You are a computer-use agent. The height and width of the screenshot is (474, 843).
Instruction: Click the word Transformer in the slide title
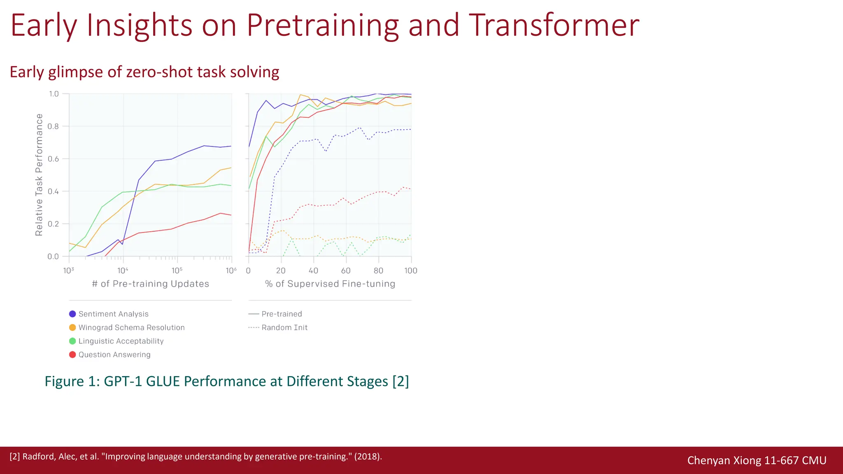(554, 26)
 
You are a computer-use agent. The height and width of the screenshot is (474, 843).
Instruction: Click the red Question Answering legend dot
(72, 355)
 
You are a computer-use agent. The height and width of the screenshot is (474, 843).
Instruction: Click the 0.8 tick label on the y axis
(53, 126)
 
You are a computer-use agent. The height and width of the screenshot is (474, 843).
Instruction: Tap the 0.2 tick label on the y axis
(53, 224)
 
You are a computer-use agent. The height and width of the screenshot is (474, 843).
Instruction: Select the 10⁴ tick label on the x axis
(123, 271)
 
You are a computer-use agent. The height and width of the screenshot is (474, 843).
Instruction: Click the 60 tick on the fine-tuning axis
(346, 271)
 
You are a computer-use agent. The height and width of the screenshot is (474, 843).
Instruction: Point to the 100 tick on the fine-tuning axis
(410, 271)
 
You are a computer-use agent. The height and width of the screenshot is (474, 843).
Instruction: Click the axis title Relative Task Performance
(39, 175)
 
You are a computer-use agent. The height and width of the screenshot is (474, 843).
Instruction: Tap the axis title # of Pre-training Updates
(150, 284)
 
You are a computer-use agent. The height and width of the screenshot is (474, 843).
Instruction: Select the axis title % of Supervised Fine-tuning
(330, 284)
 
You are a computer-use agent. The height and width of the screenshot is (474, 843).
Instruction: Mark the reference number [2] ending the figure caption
(401, 381)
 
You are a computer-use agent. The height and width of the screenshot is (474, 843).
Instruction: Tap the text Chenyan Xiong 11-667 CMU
(757, 460)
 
